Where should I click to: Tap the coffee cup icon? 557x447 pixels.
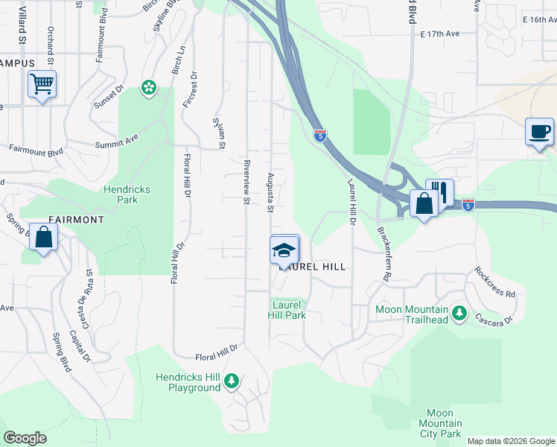tap(540, 132)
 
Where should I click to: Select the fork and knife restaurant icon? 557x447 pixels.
tap(440, 192)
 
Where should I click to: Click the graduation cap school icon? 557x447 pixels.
tap(284, 250)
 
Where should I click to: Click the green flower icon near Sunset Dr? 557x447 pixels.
tap(149, 88)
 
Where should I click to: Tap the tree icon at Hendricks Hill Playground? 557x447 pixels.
tap(232, 381)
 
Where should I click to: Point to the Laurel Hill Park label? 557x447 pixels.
tap(287, 310)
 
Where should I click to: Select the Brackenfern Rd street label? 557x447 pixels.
tap(384, 253)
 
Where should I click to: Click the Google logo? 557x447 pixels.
tap(26, 438)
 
